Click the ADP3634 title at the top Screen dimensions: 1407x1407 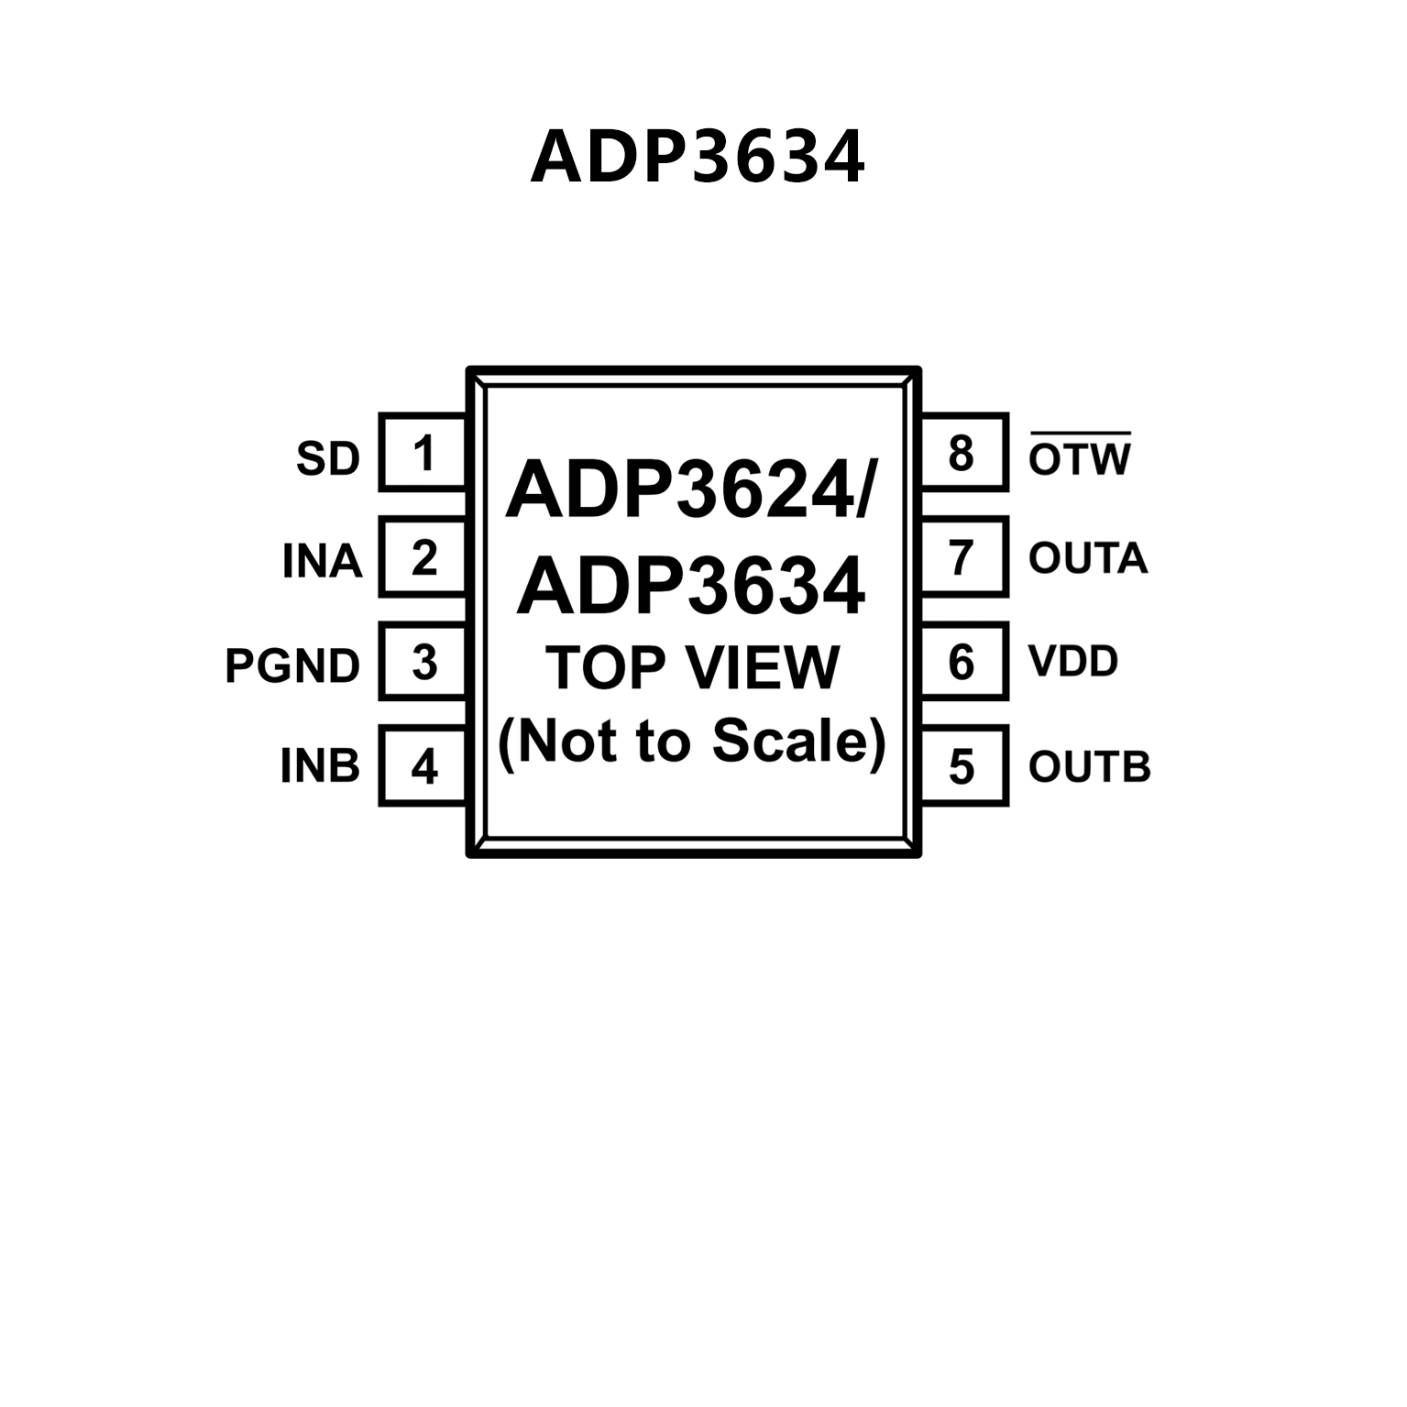tap(698, 157)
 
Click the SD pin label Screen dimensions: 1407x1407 tap(328, 458)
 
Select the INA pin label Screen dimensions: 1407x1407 tap(322, 561)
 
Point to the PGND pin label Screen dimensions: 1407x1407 tap(292, 666)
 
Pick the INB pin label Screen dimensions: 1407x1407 tap(320, 766)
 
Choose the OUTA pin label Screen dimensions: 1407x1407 tap(1088, 558)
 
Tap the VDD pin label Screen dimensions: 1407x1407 tap(1073, 661)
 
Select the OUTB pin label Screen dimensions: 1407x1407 tap(1089, 766)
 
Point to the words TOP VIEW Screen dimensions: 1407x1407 tap(692, 667)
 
